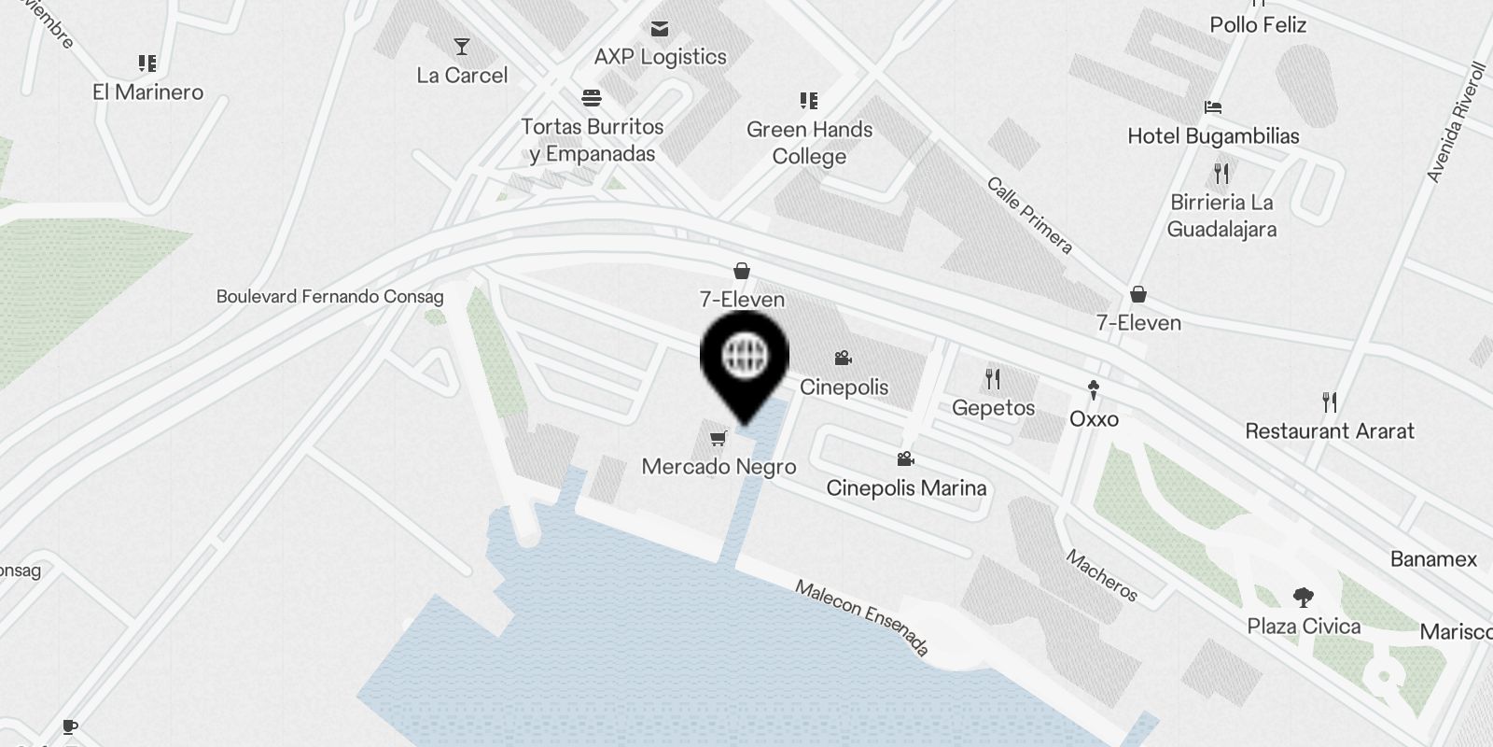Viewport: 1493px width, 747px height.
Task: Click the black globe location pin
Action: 745,359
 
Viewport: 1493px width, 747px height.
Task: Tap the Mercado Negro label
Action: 719,467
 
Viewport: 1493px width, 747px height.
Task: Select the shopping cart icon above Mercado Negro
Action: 719,437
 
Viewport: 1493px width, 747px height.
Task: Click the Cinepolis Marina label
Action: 906,487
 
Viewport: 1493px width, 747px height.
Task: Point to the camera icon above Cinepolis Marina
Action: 905,458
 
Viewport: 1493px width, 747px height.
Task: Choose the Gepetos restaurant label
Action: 993,407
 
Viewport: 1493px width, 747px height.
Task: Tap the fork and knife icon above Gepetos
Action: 993,378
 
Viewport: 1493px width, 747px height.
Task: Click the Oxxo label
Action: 1094,418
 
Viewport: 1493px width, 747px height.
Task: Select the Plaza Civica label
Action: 1304,626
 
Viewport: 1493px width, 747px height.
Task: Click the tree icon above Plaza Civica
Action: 1304,597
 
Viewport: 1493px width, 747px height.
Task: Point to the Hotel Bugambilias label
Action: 1213,135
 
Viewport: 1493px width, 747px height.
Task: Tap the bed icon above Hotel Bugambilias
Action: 1213,106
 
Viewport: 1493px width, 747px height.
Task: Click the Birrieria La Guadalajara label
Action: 1221,216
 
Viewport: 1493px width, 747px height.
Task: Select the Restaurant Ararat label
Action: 1330,430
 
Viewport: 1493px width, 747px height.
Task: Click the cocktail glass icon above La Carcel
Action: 462,46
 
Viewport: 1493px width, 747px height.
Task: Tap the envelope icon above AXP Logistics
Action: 660,29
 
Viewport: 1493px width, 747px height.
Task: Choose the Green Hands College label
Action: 809,143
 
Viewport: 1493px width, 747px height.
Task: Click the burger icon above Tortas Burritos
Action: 592,97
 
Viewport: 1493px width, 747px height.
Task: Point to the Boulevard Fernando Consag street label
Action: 329,296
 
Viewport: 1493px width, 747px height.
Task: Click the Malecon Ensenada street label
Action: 862,616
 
